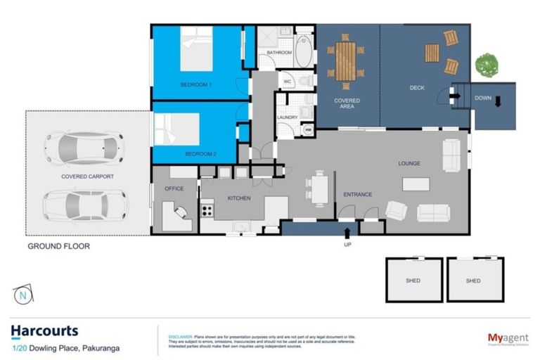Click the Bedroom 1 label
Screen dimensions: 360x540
click(x=196, y=85)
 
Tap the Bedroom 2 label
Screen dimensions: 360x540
click(x=200, y=153)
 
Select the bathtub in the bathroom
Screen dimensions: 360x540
click(x=303, y=51)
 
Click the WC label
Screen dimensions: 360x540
click(x=287, y=82)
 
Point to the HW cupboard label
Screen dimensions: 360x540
click(x=308, y=129)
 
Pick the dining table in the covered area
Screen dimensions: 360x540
click(x=346, y=60)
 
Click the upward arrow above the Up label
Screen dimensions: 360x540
click(x=347, y=231)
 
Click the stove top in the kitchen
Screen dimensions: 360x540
click(x=207, y=208)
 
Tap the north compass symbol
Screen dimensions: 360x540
click(x=23, y=296)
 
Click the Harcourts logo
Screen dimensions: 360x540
click(x=44, y=331)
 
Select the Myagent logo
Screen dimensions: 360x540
click(x=508, y=339)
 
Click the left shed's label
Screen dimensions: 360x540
click(x=413, y=281)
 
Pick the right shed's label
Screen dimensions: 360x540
click(x=473, y=281)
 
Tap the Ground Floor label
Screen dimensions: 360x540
click(x=58, y=246)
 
